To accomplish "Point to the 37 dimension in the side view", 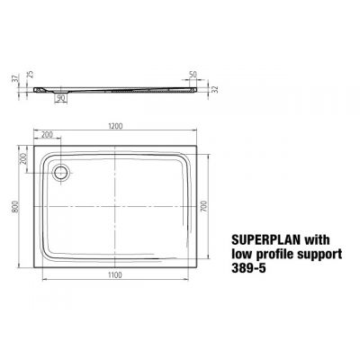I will coord(14,80).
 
